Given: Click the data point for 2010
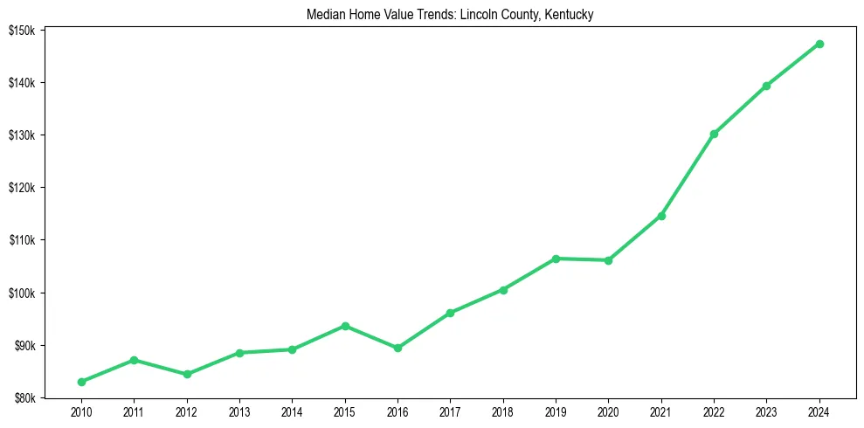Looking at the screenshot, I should click(81, 382).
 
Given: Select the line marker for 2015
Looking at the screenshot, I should click(345, 326).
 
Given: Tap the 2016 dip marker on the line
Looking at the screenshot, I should click(397, 348).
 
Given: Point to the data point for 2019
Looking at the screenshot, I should click(556, 259).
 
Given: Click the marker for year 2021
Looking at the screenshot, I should click(661, 216).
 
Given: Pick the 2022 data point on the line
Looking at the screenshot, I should click(714, 134).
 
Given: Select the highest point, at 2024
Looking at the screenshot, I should click(819, 44).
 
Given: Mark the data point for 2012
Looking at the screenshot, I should click(186, 374).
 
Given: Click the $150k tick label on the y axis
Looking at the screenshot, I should click(22, 31).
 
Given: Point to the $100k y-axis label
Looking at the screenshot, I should click(22, 293).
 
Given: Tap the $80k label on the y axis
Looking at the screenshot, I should click(24, 398).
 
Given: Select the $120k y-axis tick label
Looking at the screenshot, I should click(22, 188).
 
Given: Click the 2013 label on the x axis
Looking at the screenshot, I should click(239, 411).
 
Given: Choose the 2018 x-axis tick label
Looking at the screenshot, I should click(503, 411).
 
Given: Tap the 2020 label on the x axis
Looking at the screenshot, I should click(608, 411).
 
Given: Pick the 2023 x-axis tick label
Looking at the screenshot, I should click(766, 411).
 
